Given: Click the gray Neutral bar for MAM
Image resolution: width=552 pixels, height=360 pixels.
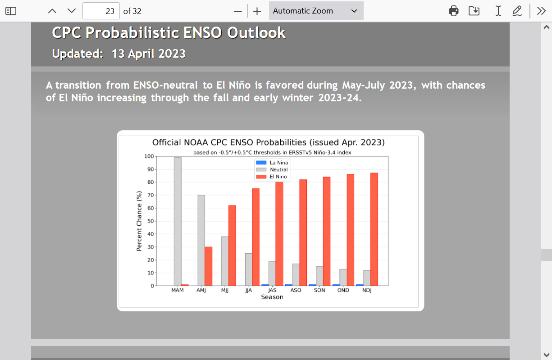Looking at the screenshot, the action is click(178, 222).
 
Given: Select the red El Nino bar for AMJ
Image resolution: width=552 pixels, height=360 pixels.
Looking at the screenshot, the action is click(209, 266).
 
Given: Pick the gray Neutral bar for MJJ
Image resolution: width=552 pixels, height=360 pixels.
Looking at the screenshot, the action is click(225, 261).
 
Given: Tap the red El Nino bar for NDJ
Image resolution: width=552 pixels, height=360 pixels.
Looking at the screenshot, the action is click(374, 229).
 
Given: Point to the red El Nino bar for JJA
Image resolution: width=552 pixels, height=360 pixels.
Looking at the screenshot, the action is click(256, 237).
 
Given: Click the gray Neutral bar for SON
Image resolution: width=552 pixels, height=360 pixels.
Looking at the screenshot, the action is click(319, 276).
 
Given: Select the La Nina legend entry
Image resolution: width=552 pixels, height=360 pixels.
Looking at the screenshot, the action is click(272, 163).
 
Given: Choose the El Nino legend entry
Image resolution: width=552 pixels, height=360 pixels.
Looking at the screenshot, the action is click(272, 177).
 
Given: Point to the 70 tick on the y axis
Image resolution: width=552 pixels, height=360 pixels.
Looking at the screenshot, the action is click(151, 195).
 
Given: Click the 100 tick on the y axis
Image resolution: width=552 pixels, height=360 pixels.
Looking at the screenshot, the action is click(149, 156).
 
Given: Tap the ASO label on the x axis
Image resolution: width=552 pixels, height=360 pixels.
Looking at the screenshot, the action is click(296, 290).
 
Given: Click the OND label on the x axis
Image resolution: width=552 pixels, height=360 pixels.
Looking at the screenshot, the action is click(343, 290).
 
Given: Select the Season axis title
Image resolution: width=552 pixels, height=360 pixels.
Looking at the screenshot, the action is click(272, 297).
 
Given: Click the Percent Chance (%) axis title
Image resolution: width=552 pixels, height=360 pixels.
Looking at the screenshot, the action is click(139, 221).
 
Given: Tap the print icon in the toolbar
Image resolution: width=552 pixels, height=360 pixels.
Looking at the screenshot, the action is click(454, 11).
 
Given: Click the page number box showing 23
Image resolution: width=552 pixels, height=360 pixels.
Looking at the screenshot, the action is click(101, 11).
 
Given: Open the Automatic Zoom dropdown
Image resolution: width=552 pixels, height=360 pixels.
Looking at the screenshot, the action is click(316, 11).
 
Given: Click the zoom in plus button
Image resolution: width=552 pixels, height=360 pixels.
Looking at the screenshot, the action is click(257, 11).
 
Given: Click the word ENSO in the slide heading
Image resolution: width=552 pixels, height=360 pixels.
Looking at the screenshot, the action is click(203, 32).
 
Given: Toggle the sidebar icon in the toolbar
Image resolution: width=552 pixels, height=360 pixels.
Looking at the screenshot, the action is click(11, 11).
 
